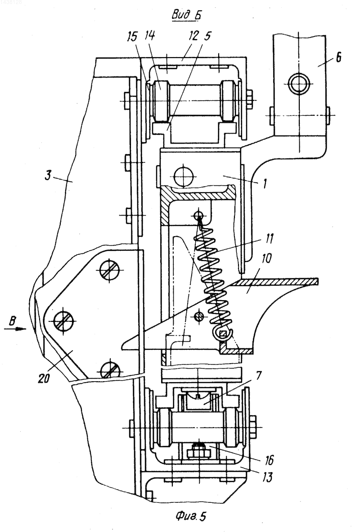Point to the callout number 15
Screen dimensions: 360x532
pos(133,36)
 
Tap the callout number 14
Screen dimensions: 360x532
pos(150,35)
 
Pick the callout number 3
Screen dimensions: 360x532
pos(49,176)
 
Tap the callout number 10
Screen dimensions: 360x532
pos(266,258)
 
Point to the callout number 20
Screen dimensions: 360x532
pos(44,378)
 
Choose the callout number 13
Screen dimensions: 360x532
pos(267,477)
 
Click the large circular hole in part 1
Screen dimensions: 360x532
pos(183,176)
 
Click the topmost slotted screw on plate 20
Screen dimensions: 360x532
pos(109,271)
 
